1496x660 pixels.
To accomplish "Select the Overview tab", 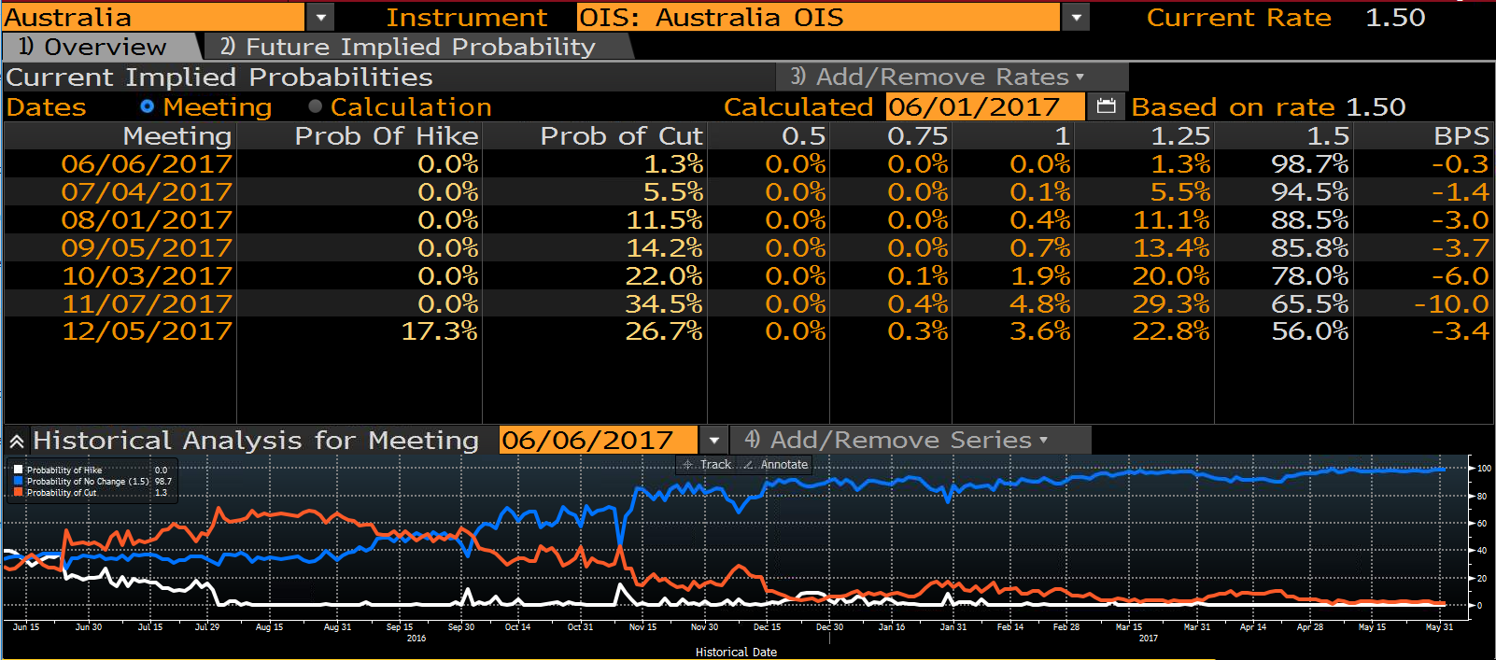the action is (93, 47).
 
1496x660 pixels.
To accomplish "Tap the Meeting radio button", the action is (147, 106).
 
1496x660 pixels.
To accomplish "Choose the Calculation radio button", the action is (316, 106).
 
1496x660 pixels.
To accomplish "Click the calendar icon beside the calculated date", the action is (1106, 106).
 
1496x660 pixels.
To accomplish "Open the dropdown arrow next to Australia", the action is (320, 18).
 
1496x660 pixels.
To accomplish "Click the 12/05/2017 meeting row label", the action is (147, 331).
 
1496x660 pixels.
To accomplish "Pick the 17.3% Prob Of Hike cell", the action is (440, 331).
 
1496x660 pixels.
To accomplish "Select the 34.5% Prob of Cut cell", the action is (664, 303).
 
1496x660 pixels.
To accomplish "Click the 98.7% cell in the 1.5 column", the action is (1309, 163).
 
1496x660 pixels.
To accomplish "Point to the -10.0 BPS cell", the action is (1451, 303).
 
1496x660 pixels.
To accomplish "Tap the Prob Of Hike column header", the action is (387, 135).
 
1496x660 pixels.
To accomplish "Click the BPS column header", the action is (1462, 135).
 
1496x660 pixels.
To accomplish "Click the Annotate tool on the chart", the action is (777, 465).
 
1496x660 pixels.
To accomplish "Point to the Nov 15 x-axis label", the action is (642, 626).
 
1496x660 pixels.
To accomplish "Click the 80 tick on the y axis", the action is (1481, 496).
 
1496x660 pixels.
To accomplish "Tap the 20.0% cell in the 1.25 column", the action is (1171, 275).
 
